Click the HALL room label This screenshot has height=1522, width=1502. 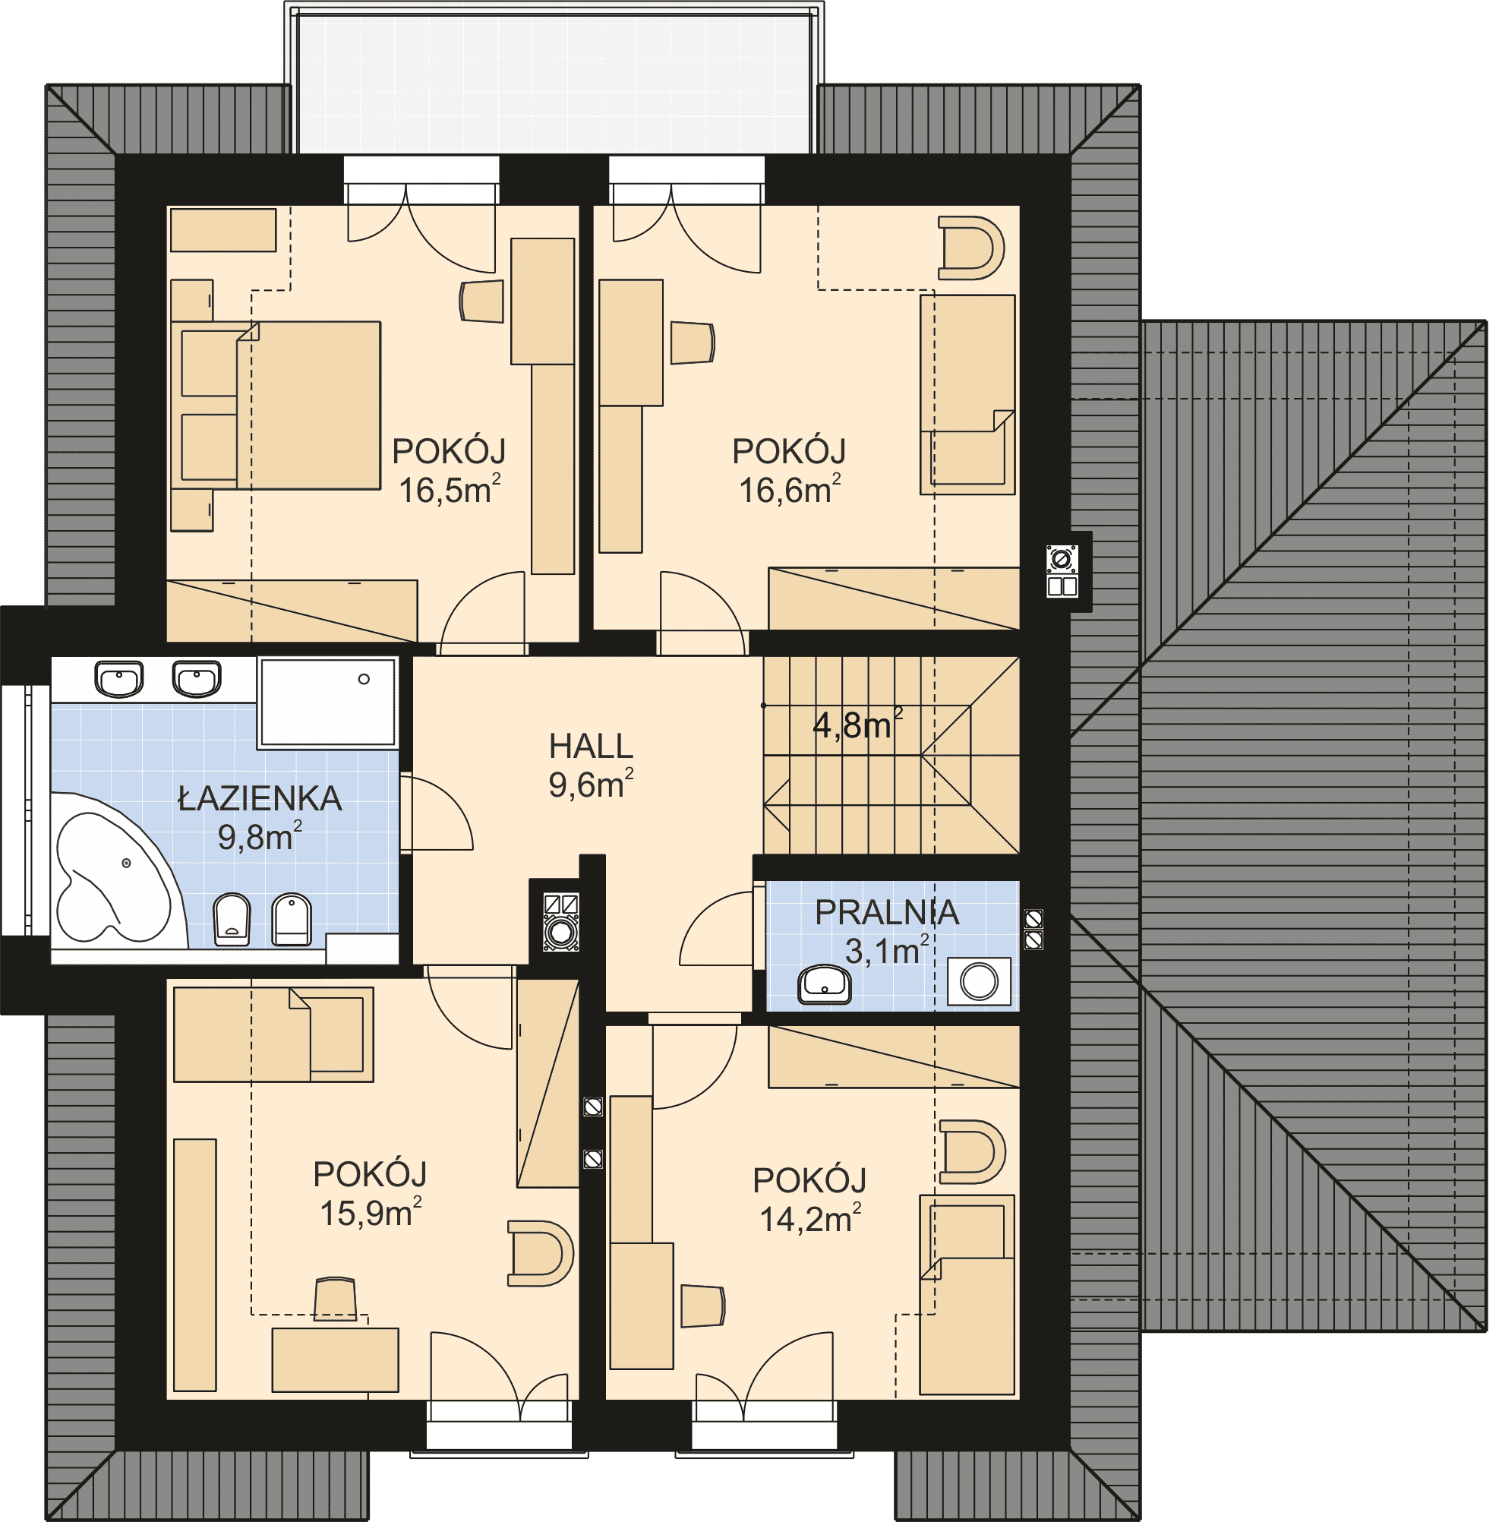[591, 746]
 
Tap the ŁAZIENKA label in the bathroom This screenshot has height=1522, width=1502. [260, 799]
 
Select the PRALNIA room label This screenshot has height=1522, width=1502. [887, 912]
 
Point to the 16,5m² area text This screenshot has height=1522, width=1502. [449, 489]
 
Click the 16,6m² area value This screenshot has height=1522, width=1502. [789, 489]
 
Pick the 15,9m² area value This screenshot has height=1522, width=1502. [370, 1212]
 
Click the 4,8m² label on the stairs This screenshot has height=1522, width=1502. [858, 723]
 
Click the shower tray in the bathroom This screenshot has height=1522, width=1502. [327, 703]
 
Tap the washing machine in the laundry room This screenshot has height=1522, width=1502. [979, 981]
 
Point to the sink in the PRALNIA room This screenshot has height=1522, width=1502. [825, 986]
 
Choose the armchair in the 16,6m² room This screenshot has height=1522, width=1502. [971, 248]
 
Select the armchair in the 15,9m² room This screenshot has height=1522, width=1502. [541, 1253]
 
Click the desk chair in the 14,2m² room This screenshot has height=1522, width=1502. [702, 1306]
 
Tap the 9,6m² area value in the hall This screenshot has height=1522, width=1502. [591, 784]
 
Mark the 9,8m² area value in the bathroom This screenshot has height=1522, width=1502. [260, 837]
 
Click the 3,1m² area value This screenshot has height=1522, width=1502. [887, 951]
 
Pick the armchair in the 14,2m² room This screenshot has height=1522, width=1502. [973, 1151]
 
